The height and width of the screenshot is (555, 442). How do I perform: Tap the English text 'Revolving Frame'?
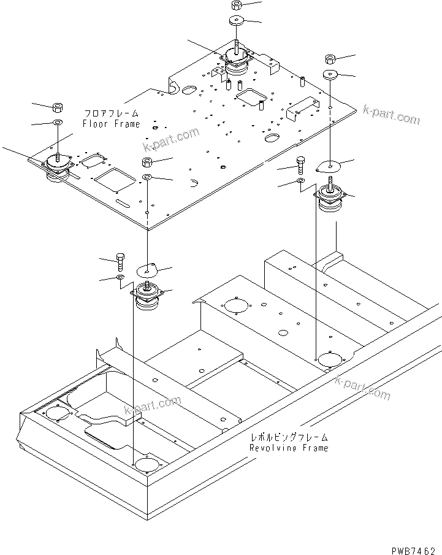click(288, 448)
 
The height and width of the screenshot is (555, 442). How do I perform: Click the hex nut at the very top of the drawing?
click(237, 6)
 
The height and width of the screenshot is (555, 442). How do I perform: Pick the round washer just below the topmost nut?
click(237, 21)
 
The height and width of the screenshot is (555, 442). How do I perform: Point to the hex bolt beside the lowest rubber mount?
click(120, 262)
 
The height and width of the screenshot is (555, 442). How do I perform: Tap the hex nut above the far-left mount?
click(57, 108)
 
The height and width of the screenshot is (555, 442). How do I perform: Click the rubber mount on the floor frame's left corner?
click(56, 169)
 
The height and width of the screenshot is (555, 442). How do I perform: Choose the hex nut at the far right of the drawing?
click(330, 59)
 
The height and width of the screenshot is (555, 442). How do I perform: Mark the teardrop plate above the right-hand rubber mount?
click(330, 166)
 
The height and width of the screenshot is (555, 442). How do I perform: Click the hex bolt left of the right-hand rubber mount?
click(300, 165)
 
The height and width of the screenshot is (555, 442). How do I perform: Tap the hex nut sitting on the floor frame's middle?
click(148, 163)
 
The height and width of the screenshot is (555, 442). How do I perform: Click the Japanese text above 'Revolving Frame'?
click(288, 437)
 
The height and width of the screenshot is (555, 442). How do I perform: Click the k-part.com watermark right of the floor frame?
click(391, 114)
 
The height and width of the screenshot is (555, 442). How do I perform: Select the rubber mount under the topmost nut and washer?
click(237, 61)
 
